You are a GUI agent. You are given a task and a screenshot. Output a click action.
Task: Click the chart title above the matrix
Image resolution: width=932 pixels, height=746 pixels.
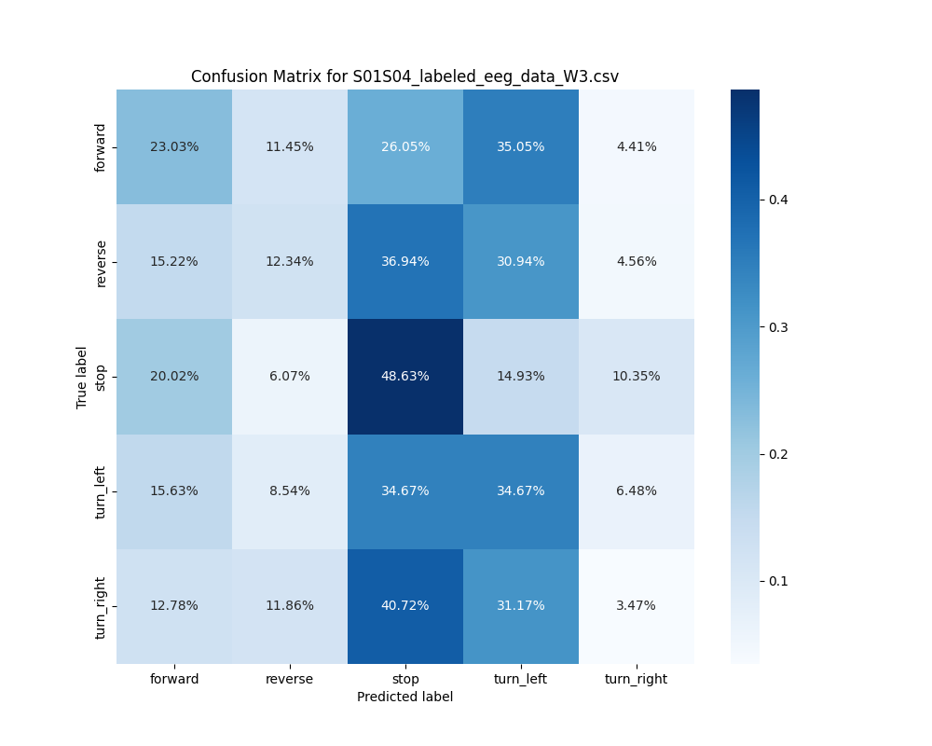tap(404, 76)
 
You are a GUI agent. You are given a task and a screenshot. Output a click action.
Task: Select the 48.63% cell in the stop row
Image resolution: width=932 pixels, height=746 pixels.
tap(405, 376)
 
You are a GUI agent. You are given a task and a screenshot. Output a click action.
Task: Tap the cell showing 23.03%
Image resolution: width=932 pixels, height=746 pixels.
tap(174, 146)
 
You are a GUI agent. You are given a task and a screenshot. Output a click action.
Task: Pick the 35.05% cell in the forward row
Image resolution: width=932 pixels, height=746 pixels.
tap(521, 146)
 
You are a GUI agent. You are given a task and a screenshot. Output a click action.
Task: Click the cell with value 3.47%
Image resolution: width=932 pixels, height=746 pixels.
tap(637, 605)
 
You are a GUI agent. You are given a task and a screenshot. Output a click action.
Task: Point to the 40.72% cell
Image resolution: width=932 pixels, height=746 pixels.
tap(405, 605)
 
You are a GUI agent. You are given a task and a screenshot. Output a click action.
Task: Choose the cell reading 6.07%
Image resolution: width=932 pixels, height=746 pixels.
tap(290, 376)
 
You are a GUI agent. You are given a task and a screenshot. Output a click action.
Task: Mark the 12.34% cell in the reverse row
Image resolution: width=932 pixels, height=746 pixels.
tap(290, 261)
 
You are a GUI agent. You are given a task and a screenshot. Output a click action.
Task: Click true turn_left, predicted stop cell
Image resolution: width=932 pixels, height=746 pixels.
tap(405, 490)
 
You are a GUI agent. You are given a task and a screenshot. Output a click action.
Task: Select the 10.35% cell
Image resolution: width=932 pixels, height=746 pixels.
tap(637, 376)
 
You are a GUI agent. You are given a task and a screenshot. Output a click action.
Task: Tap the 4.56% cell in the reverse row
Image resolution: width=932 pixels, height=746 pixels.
tap(637, 261)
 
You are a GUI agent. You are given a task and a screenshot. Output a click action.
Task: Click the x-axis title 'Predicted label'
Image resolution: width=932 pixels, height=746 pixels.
tap(404, 697)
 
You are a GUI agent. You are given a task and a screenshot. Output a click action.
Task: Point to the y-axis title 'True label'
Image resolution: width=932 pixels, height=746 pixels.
tap(82, 377)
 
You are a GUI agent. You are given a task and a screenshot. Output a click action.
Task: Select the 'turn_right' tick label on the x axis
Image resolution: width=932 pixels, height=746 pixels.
tap(637, 679)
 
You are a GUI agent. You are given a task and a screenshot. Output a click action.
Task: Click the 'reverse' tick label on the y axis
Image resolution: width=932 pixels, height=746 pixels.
tap(102, 262)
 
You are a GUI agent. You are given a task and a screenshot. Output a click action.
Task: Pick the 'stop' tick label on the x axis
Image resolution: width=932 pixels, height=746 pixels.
tap(405, 679)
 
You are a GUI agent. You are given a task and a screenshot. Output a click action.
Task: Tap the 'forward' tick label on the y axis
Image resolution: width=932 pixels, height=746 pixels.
tap(102, 147)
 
